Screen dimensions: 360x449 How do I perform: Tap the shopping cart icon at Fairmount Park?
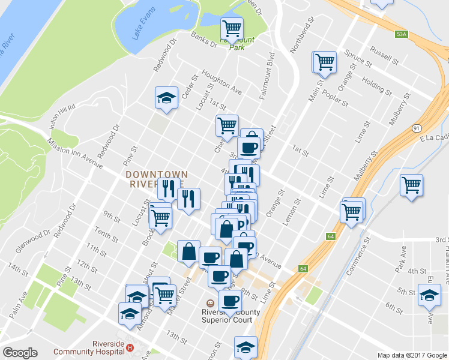(231, 28)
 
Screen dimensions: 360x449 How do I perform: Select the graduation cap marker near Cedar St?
(166, 97)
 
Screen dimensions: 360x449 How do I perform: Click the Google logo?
(19, 353)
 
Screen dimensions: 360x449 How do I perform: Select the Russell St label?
(384, 56)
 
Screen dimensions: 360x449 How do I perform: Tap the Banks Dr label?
(203, 38)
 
